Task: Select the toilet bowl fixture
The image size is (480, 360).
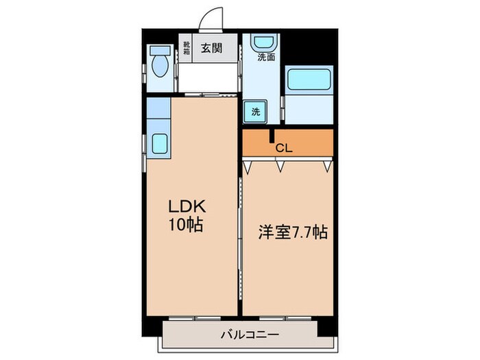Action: pyautogui.click(x=160, y=67)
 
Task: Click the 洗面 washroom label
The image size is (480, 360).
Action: pyautogui.click(x=266, y=58)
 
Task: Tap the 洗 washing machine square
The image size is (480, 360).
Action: pyautogui.click(x=255, y=111)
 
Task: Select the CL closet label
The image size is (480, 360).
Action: pyautogui.click(x=283, y=147)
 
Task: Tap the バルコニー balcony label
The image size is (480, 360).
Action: pyautogui.click(x=244, y=335)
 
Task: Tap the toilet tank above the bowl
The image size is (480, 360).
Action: pyautogui.click(x=159, y=52)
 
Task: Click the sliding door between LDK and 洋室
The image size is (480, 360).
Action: pyautogui.click(x=240, y=233)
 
